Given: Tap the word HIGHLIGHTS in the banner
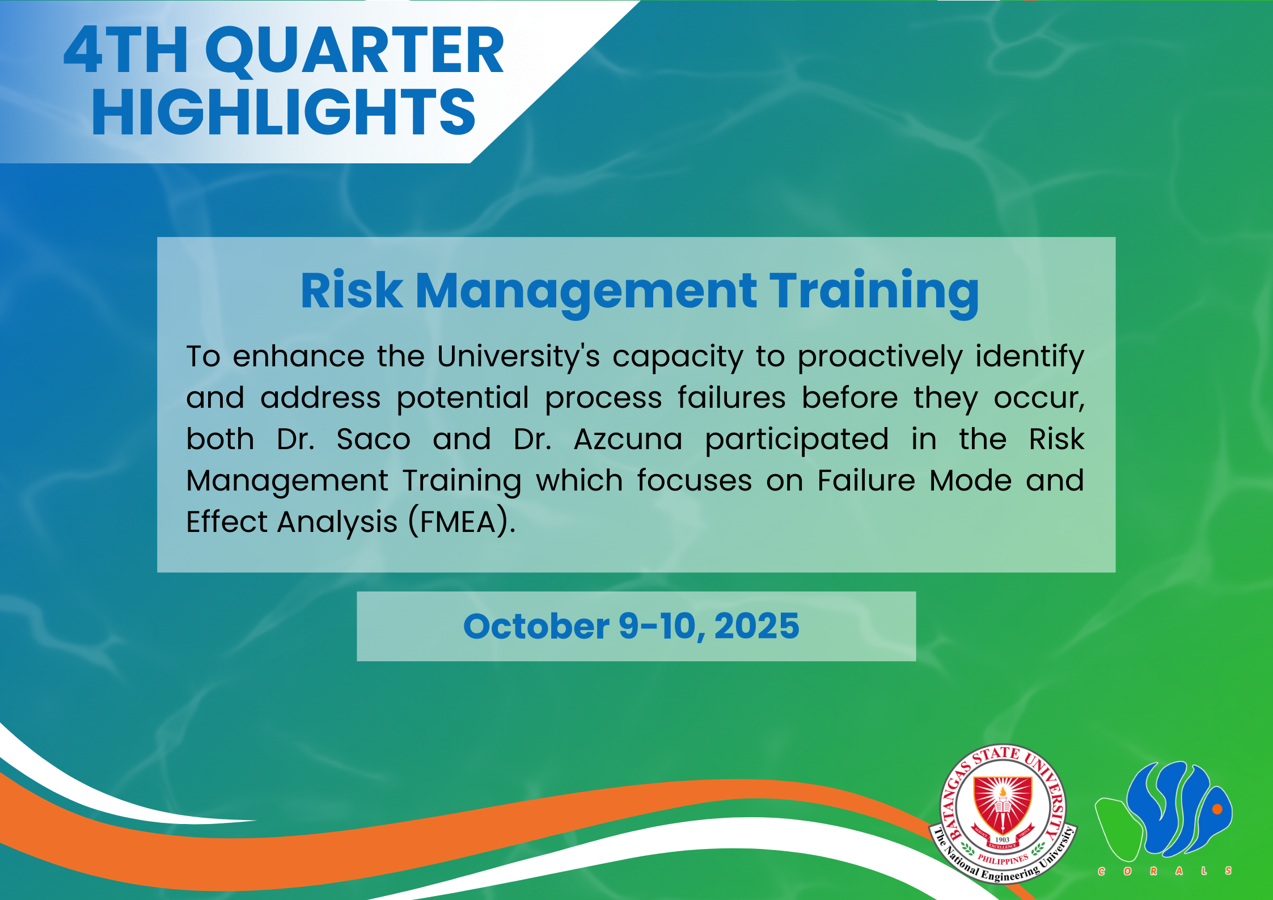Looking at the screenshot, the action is click(284, 113).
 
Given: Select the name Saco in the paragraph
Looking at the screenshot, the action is click(373, 439).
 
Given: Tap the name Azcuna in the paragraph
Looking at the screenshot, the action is click(628, 439).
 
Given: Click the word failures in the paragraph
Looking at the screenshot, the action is click(731, 398).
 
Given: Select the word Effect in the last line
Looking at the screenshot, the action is click(227, 522).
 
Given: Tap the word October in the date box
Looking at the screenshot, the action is click(536, 626).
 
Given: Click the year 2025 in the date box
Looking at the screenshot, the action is click(756, 626).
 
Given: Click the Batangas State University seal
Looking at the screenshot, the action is click(1003, 813).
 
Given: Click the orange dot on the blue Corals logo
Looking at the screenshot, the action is click(1217, 809).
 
